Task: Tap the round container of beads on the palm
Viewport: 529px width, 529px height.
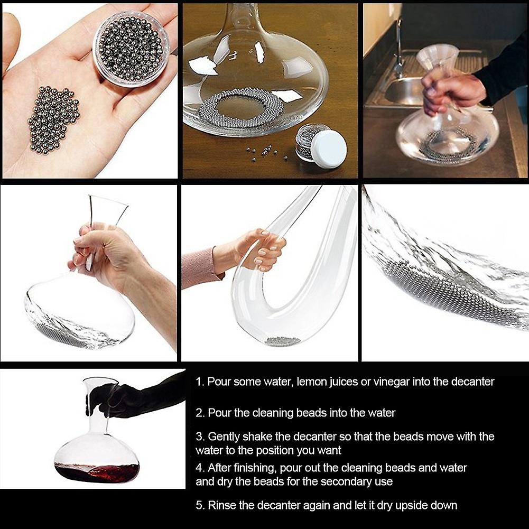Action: point(131,49)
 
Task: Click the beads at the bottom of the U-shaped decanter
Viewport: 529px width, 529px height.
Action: point(283,342)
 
